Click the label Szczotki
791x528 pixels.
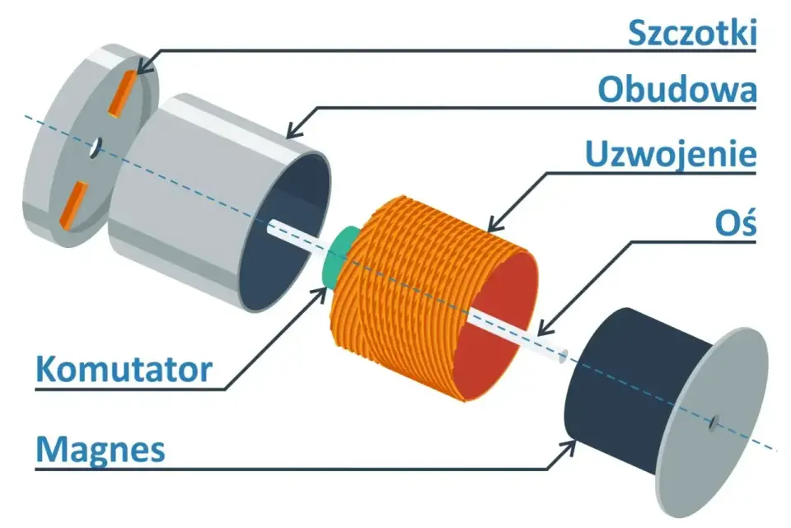(x=692, y=33)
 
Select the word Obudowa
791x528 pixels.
(x=677, y=90)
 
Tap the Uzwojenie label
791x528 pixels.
(x=671, y=154)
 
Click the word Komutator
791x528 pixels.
(x=124, y=369)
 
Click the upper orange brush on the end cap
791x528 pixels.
(x=122, y=92)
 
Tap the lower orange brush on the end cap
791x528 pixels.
(x=73, y=204)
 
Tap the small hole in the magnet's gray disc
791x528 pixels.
(x=714, y=423)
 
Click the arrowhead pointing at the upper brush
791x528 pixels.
(x=145, y=67)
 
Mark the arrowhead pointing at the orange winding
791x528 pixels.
(x=496, y=223)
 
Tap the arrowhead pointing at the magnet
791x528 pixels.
(x=569, y=446)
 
